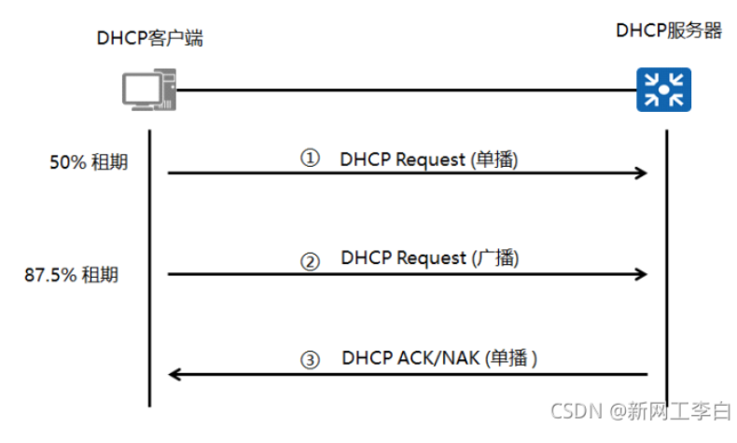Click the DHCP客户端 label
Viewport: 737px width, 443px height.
tap(150, 38)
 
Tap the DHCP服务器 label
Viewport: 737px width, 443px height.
tap(669, 31)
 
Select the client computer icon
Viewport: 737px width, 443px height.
tap(146, 90)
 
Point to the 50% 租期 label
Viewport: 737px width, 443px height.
tap(89, 162)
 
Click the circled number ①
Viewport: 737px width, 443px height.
tap(310, 159)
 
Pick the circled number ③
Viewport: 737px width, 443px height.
tap(310, 359)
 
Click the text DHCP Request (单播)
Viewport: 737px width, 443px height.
tap(428, 159)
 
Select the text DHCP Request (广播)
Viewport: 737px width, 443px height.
tap(428, 257)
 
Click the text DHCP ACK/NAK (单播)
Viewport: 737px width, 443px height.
tap(439, 357)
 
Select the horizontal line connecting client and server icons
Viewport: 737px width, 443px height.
tap(401, 90)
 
